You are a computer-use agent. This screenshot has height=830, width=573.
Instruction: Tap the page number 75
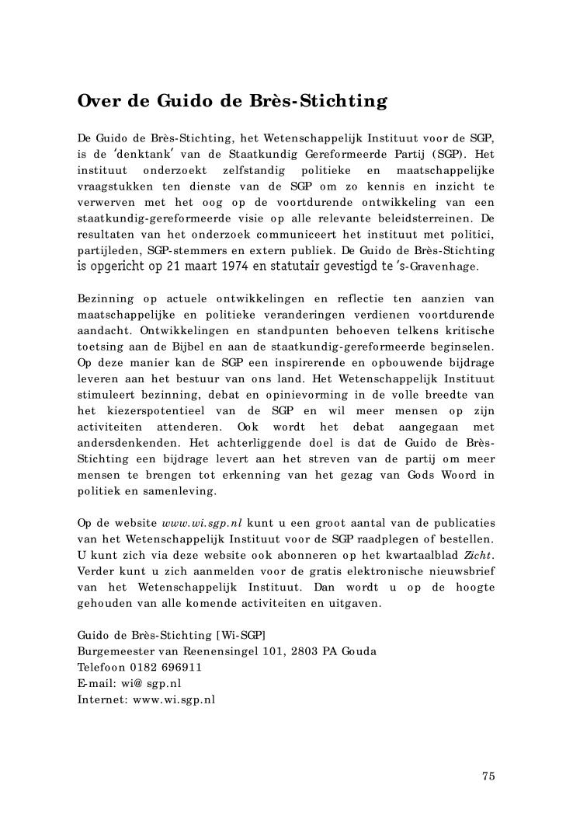(488, 776)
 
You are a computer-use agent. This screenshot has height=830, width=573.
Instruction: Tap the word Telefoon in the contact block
(100, 667)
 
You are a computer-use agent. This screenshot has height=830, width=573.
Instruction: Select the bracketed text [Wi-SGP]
(238, 636)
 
